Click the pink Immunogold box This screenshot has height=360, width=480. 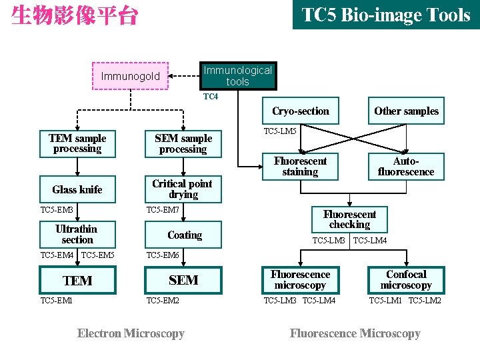[x=131, y=76]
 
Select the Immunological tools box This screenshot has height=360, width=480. [x=237, y=76]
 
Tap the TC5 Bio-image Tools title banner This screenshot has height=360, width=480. [x=386, y=15]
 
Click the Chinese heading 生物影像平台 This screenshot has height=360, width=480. [x=74, y=15]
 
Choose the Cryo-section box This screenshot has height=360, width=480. [x=300, y=111]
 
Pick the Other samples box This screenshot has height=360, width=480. [x=406, y=111]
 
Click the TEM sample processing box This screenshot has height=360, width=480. [x=77, y=144]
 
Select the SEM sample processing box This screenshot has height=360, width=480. [x=183, y=144]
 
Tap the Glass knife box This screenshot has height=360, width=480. [x=77, y=189]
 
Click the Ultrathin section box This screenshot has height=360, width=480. [x=77, y=234]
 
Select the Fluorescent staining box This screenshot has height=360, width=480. [x=300, y=167]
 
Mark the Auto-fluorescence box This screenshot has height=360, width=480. [x=406, y=167]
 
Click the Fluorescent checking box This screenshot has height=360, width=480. [x=349, y=219]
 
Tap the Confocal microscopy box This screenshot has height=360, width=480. [x=406, y=279]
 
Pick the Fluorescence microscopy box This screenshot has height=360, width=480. [x=300, y=279]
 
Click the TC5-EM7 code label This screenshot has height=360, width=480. [x=163, y=211]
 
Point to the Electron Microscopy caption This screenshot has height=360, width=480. [x=131, y=333]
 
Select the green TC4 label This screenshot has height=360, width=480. [x=210, y=97]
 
